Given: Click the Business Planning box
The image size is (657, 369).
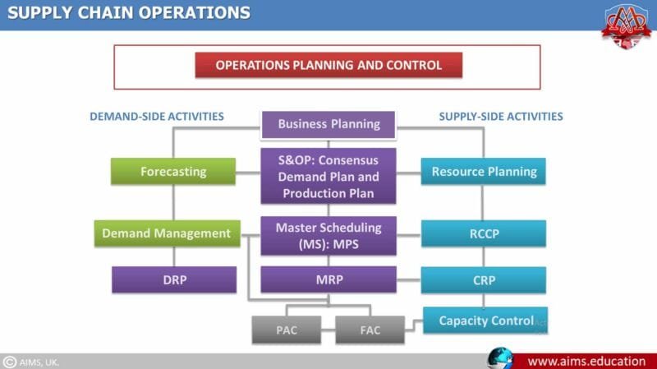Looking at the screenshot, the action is [328, 125].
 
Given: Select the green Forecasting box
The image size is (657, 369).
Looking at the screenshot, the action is [173, 172].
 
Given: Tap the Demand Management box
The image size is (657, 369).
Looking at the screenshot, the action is [168, 233].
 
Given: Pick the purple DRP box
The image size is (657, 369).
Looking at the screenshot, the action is [174, 279].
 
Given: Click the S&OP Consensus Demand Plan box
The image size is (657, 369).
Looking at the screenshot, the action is [328, 176].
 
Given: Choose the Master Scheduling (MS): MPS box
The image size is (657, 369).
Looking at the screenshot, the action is [328, 236].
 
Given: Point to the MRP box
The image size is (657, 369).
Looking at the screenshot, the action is [328, 279].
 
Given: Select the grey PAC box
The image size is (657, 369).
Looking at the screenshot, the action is [287, 330].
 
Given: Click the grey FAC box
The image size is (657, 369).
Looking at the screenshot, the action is [370, 330].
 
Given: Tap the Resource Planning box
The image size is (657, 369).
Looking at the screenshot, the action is [484, 172].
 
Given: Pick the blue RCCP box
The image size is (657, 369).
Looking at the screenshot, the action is [484, 233].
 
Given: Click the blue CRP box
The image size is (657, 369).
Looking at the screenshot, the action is [484, 280].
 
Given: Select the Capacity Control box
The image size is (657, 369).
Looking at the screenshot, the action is [485, 321].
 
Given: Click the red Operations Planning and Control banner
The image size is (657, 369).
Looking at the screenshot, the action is [328, 65].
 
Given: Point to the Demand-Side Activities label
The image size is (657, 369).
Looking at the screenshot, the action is [157, 117].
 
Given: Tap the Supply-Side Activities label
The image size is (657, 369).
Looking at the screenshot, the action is [501, 117].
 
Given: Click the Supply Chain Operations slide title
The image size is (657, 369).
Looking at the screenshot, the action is [129, 13].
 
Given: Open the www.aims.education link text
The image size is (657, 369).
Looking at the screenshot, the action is [586, 362].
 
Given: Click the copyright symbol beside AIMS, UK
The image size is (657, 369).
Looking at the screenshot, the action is [9, 362].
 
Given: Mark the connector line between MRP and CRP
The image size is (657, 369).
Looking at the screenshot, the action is [409, 279].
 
